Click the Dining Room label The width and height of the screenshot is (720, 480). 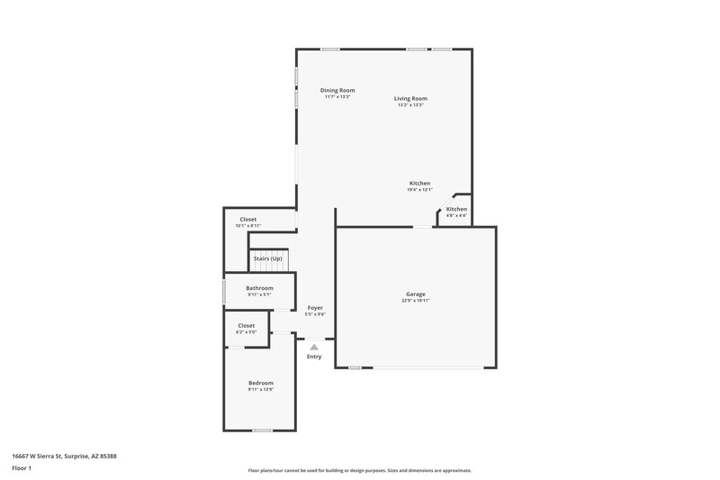pos(337,90)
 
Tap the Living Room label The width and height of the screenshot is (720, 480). pos(410,98)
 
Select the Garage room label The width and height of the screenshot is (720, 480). pos(415,294)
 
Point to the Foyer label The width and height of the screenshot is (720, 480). pos(315,308)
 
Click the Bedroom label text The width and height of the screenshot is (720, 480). pos(260,383)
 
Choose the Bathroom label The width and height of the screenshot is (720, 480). pos(259,288)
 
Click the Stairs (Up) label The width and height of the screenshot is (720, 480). pos(267,258)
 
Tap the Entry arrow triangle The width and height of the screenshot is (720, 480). pos(314,347)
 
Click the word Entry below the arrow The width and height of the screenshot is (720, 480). pos(314,357)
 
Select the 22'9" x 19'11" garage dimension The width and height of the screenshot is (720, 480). pos(415,301)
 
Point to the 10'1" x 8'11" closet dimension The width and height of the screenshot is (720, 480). pos(247,226)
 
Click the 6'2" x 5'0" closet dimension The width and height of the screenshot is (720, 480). pos(246,332)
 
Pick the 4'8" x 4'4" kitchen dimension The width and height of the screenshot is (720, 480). pos(456,215)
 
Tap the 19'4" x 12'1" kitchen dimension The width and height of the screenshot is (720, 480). pos(419,190)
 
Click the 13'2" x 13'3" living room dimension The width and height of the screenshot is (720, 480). pos(410,105)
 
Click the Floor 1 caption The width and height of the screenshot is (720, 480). pos(21,469)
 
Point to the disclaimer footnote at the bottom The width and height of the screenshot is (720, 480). pos(360,470)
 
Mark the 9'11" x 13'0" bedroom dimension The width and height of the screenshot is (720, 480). pos(260,390)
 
